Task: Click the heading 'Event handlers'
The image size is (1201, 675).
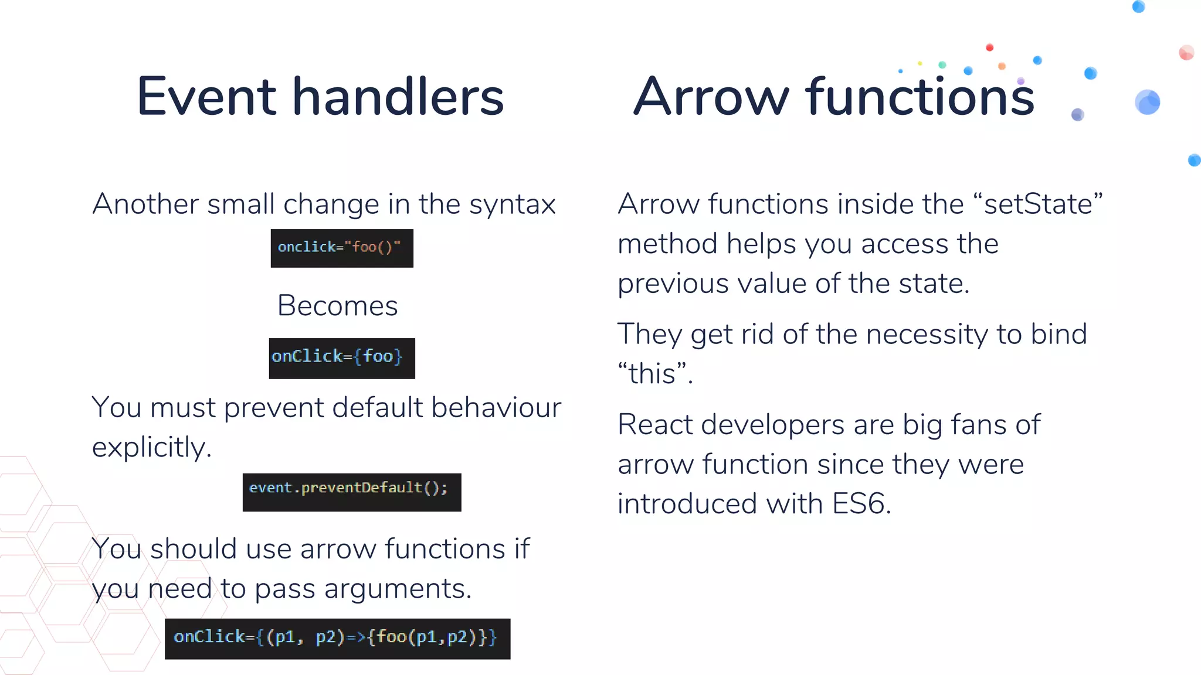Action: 320,97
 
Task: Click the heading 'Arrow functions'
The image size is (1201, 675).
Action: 834,97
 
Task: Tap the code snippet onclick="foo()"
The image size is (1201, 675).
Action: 341,248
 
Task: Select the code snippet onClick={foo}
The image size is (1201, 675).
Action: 341,358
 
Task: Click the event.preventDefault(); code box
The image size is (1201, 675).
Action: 351,492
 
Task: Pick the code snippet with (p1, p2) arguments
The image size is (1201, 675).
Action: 337,638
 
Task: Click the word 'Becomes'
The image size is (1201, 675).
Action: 337,306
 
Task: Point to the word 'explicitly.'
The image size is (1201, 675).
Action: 152,448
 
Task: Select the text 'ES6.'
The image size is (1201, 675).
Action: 861,504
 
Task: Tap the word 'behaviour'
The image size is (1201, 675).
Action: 496,408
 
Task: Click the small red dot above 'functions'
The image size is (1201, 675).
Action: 989,47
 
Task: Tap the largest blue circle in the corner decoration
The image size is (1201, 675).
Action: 1147,103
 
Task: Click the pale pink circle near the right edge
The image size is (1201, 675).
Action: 1186,53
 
